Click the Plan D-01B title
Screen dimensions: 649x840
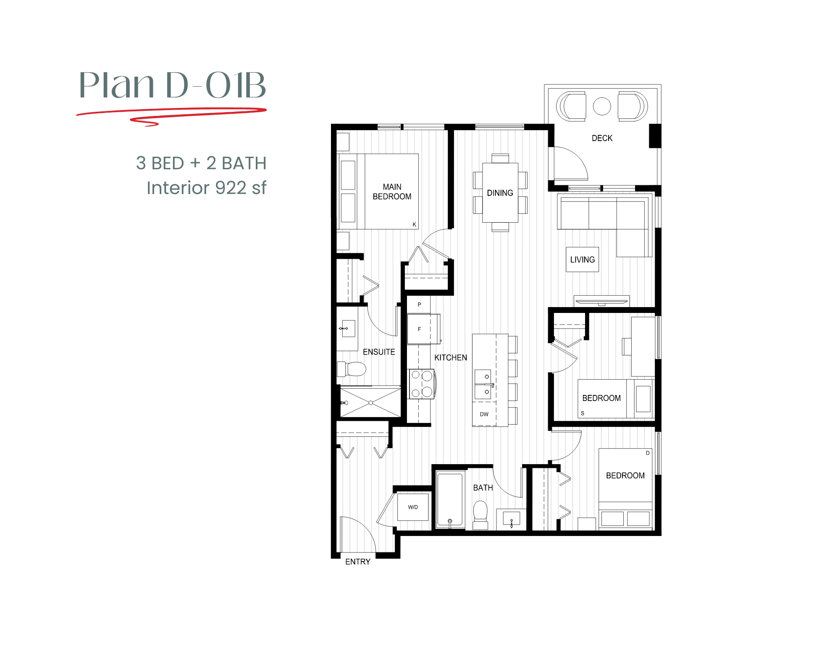[172, 85]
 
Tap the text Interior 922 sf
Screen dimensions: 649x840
[206, 188]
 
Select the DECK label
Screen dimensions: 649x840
[602, 138]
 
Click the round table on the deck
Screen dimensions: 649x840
[602, 106]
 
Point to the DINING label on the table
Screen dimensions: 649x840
[500, 193]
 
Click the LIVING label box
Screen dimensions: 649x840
[582, 260]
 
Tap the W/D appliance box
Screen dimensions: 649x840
[413, 507]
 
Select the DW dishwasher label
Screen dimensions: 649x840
[484, 414]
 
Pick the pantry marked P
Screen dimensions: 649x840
[419, 305]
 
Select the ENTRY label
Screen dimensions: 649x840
[358, 562]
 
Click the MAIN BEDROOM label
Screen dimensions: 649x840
[392, 192]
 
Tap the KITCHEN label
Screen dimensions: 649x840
[450, 357]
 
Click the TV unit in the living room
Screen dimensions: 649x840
[601, 301]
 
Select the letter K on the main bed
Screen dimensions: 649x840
[414, 225]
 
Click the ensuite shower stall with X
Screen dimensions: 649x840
[370, 402]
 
